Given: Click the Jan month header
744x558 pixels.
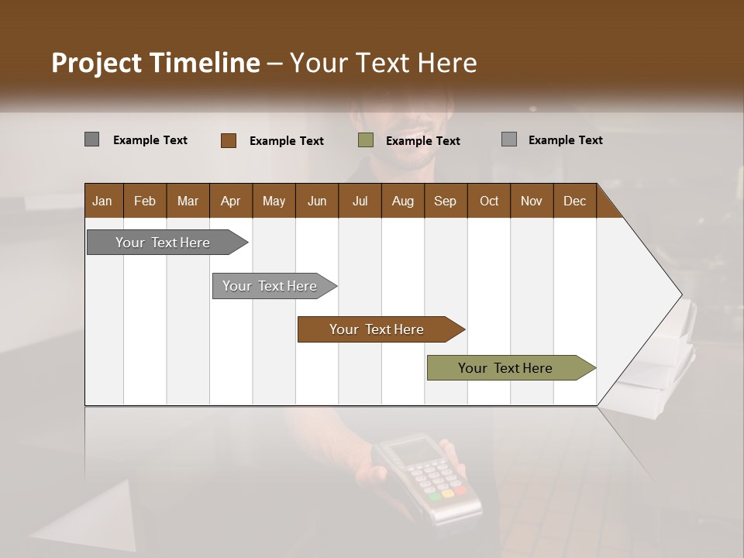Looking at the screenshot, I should [102, 201].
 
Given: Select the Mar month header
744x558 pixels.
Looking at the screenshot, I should [188, 201].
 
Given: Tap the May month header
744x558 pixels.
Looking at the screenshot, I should [274, 201].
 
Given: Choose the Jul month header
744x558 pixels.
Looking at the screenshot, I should [360, 201].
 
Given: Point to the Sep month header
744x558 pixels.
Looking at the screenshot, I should [445, 201].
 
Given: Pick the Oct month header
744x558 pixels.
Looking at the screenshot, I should [489, 201].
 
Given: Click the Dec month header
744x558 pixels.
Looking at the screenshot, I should [574, 201].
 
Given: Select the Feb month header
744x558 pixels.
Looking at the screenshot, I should [145, 201].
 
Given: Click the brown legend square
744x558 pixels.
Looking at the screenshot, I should [229, 140].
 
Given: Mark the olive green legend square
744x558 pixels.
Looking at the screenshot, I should [366, 140].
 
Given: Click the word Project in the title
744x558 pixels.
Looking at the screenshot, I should [96, 63].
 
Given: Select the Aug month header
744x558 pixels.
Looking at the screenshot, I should [403, 201].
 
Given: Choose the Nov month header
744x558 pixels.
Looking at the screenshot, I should [532, 201].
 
